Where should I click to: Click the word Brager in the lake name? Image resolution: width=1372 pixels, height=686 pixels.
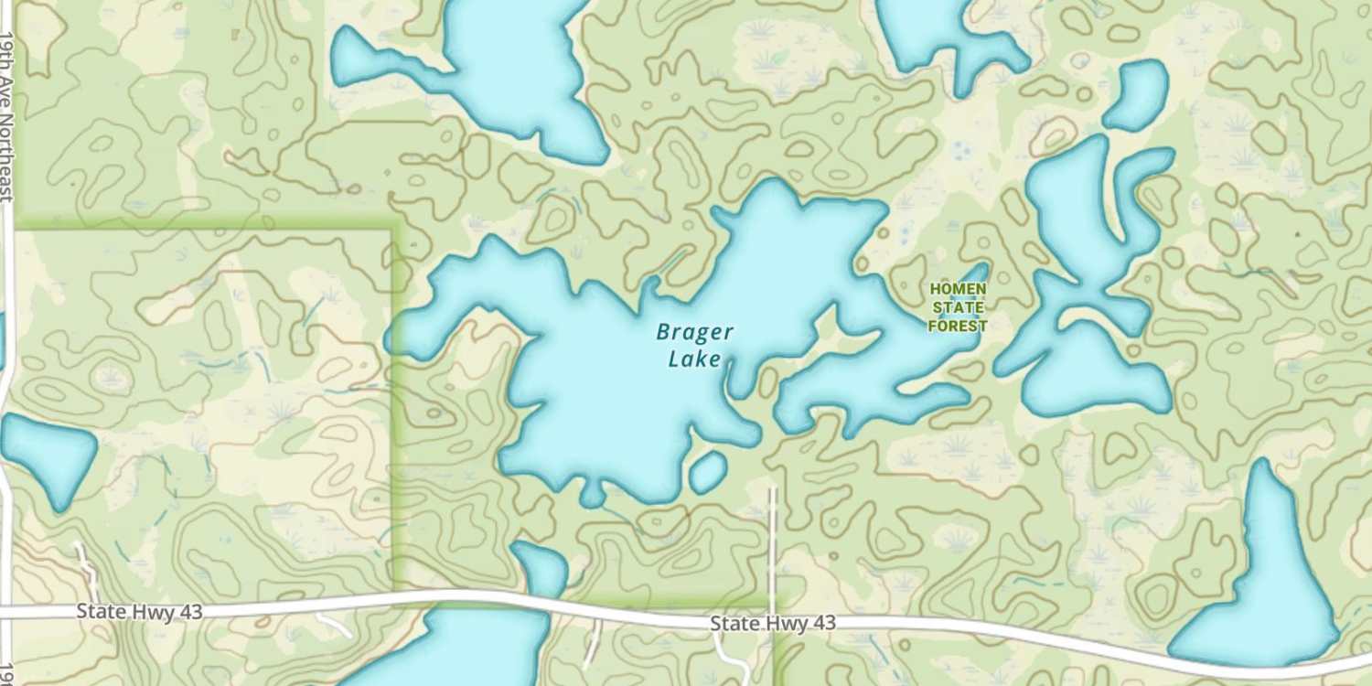(x=694, y=333)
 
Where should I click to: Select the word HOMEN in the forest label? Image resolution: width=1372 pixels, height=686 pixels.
(x=958, y=289)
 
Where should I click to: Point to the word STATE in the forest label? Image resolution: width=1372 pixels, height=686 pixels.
(x=958, y=307)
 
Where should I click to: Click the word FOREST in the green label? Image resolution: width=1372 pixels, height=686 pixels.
(x=958, y=326)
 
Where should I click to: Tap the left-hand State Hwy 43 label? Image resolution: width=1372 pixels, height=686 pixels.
(x=139, y=611)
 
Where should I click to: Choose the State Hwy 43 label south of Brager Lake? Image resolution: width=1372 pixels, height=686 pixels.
(x=773, y=623)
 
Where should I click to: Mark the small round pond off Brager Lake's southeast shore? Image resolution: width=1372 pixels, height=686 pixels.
(x=707, y=472)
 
